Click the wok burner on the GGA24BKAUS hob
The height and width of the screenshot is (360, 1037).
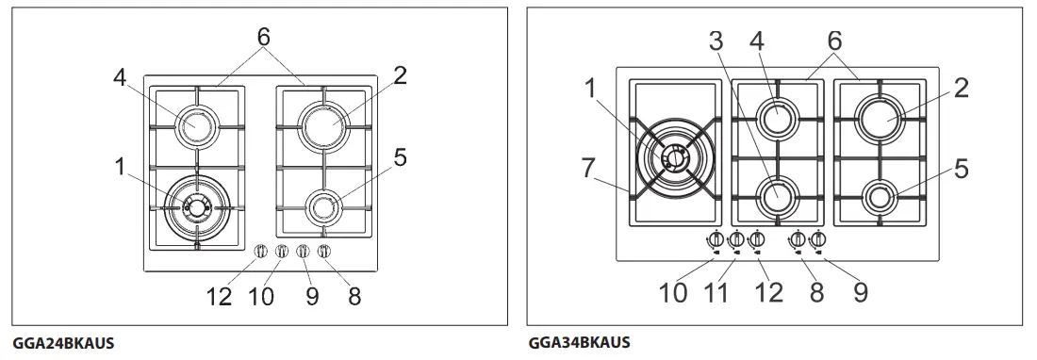pos(197,206)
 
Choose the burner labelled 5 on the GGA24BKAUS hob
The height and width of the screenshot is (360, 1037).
pos(323,205)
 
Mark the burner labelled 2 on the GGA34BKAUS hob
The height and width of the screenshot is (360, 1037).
pos(881,118)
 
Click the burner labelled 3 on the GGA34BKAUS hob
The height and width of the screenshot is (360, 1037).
pos(778,194)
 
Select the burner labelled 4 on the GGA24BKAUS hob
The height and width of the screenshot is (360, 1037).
pos(197,123)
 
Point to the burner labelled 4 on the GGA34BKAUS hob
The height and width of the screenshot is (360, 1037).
pos(778,117)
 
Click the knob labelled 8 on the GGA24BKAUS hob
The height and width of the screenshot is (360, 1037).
pos(324,252)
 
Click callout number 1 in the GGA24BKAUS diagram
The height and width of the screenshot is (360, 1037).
pos(121,167)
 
